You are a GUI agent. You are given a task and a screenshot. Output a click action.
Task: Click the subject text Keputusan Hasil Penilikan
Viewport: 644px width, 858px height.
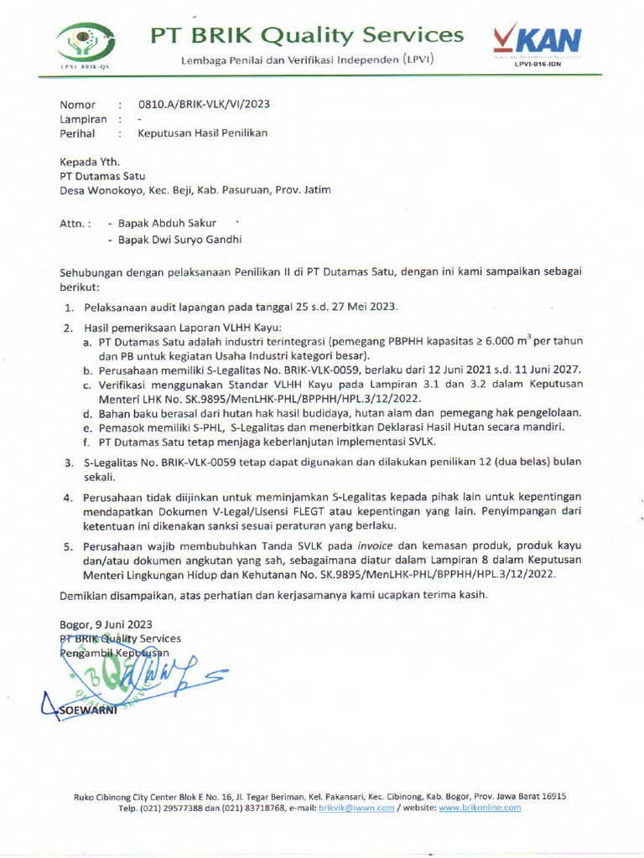203,133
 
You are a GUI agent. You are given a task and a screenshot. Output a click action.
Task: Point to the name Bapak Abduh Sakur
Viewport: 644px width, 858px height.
167,224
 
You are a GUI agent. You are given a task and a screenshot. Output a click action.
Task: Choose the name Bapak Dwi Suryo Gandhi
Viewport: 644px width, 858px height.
180,240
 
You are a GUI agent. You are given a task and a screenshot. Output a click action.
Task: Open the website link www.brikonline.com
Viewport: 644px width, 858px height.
480,808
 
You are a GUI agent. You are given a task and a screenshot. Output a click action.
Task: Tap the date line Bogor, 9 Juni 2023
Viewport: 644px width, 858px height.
106,623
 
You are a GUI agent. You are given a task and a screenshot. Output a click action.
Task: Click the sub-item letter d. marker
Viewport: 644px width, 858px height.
87,413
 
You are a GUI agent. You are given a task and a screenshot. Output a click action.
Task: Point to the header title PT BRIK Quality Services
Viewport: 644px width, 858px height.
306,35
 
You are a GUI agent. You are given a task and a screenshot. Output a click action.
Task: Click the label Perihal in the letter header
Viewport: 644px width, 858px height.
77,133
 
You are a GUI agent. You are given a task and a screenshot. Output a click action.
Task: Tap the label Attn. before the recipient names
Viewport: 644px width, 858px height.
75,224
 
